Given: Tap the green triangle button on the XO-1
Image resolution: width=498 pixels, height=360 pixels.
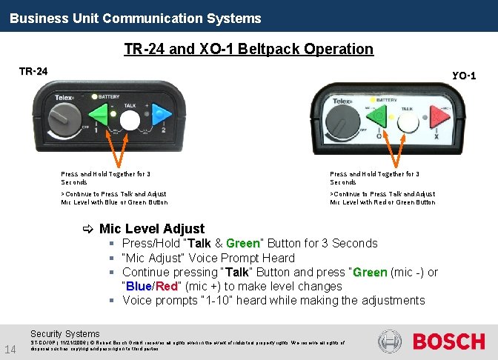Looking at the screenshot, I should click(376, 118).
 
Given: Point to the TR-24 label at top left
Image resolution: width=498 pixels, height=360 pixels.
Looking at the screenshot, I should click(33, 71).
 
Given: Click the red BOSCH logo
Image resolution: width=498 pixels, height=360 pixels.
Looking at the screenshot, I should click(448, 341).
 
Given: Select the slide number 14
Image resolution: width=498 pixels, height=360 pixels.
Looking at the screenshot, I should click(10, 349).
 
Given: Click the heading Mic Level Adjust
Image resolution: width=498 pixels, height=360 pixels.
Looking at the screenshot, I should click(151, 229).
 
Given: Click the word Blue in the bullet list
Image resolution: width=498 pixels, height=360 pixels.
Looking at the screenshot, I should click(139, 287).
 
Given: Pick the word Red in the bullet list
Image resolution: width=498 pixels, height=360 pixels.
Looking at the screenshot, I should click(167, 287).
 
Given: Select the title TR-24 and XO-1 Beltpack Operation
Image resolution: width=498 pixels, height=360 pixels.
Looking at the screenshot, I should click(248, 49).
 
